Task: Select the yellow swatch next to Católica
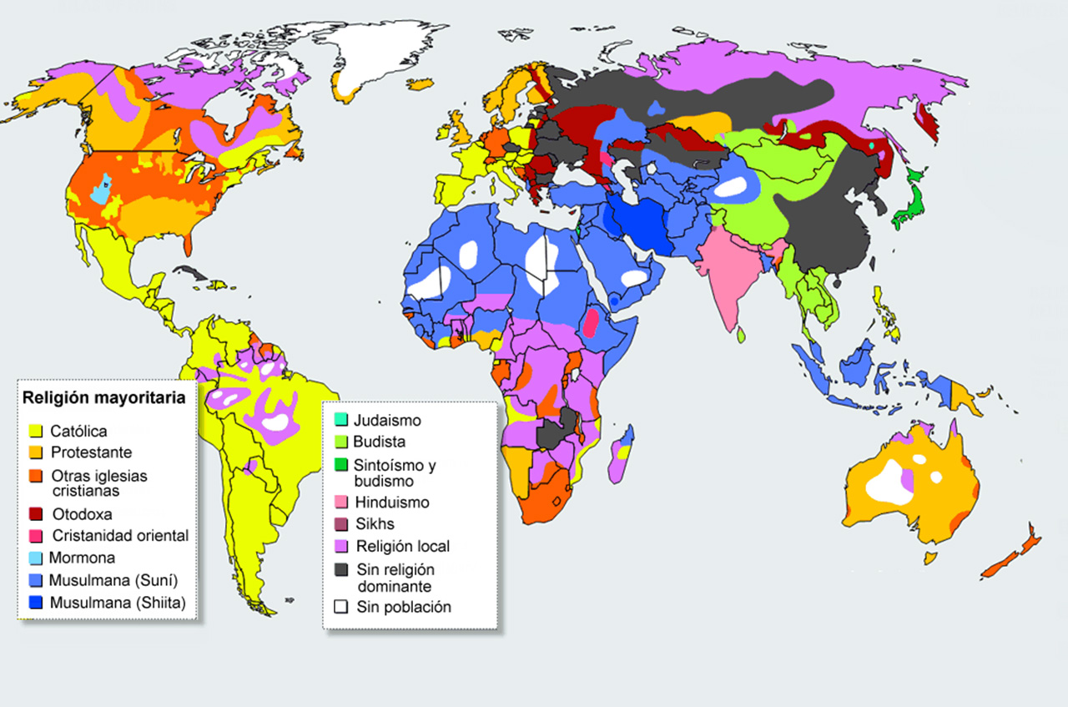tap(35, 432)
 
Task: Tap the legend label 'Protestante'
tap(90, 452)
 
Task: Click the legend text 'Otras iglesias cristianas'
tap(98, 483)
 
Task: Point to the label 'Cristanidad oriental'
tap(120, 536)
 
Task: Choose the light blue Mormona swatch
tap(35, 558)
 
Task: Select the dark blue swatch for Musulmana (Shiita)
tap(35, 602)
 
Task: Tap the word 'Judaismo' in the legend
tap(387, 421)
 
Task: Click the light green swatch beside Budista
tap(340, 442)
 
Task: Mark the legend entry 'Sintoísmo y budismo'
tap(395, 473)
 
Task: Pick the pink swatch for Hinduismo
tap(340, 502)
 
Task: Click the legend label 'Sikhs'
tap(374, 524)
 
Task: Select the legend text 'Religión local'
tap(402, 547)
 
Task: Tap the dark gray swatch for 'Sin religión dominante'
tap(340, 569)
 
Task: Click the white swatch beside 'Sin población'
tap(340, 607)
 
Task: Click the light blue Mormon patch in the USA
tap(101, 189)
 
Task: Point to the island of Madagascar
tap(621, 455)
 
